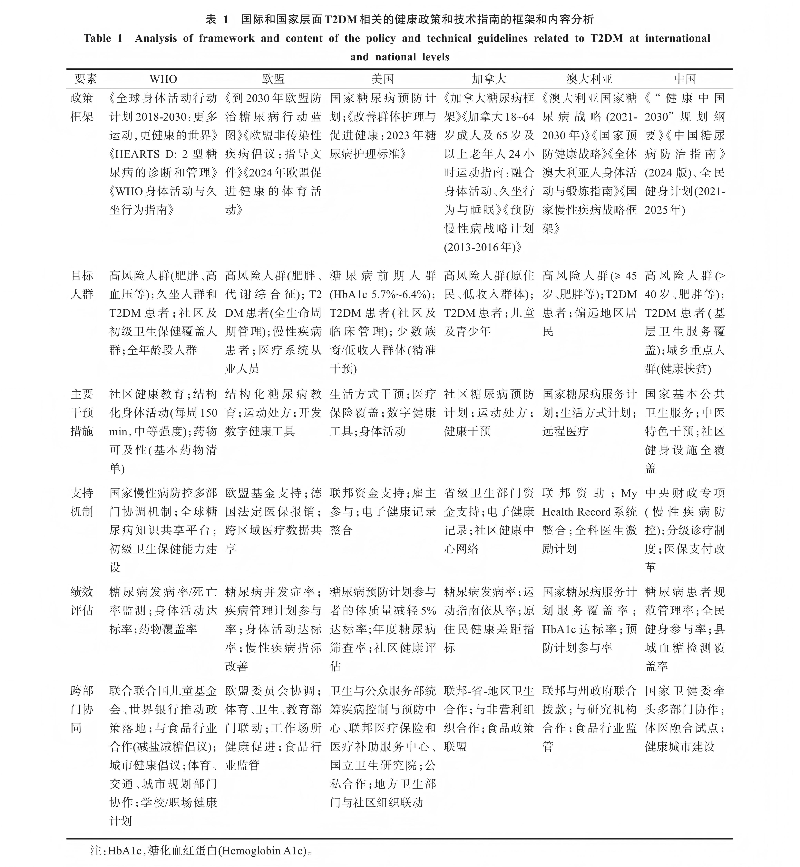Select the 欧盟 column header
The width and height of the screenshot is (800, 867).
click(x=273, y=79)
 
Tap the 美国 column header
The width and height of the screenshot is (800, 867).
click(x=383, y=79)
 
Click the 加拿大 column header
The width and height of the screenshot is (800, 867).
click(x=489, y=79)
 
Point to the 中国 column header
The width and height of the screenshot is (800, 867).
click(x=685, y=79)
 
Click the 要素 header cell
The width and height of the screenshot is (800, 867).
click(x=86, y=79)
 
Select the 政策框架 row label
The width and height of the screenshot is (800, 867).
click(x=82, y=107)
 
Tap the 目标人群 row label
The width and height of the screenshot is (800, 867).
click(x=82, y=285)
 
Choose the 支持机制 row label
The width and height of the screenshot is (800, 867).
click(x=82, y=502)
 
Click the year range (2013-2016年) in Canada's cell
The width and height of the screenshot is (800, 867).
click(x=483, y=247)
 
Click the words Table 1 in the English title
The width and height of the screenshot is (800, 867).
click(x=103, y=39)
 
